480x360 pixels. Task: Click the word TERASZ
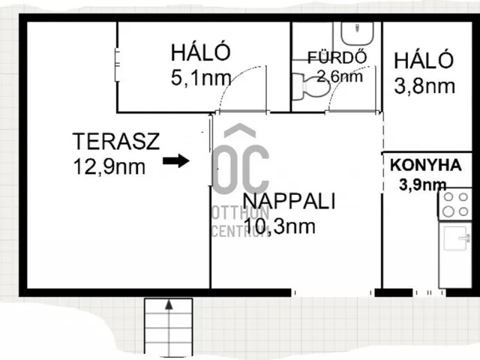(x=116, y=141)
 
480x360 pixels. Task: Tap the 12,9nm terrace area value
(x=109, y=166)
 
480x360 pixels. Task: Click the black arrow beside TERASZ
(x=176, y=160)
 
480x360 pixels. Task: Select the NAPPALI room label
(x=289, y=201)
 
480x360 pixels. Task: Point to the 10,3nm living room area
(x=280, y=226)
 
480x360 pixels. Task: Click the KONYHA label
(x=426, y=165)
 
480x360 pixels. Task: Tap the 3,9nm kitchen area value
(x=422, y=185)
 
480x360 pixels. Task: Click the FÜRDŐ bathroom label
(x=337, y=58)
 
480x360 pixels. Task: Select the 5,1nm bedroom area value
(x=201, y=78)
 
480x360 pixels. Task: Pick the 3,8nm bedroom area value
(x=424, y=86)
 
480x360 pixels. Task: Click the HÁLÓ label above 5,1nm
(x=200, y=52)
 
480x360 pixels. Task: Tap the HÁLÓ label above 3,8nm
(x=423, y=60)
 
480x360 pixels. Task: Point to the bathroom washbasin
(x=357, y=33)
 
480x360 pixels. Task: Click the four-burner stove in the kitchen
(x=455, y=204)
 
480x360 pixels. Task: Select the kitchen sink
(x=456, y=238)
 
